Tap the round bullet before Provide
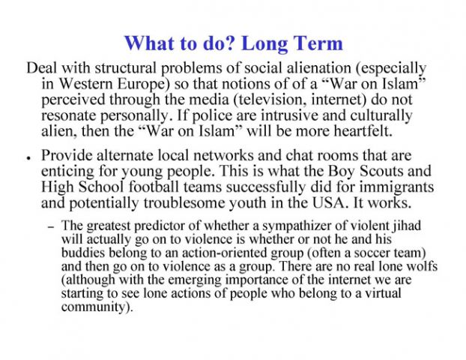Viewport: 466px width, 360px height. pos(27,159)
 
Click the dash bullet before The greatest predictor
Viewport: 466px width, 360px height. pos(51,226)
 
